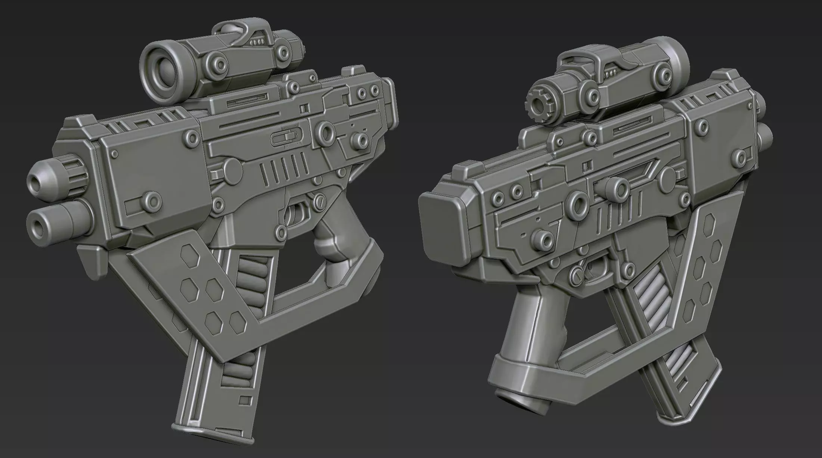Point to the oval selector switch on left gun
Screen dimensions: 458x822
coord(285,139)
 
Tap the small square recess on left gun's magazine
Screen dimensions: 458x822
coord(245,400)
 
